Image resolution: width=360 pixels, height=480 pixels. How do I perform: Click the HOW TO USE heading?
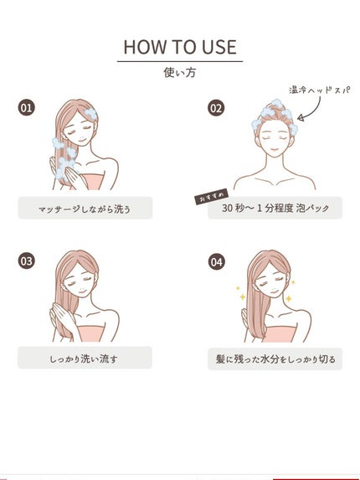[x=179, y=46]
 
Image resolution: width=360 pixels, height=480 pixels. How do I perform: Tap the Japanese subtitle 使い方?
[x=179, y=73]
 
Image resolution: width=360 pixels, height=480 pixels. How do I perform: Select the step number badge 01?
[x=27, y=108]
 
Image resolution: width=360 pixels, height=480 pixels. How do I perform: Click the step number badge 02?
[x=216, y=108]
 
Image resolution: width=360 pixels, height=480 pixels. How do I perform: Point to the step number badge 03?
[x=27, y=261]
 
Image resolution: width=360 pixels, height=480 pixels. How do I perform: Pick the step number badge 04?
[x=216, y=261]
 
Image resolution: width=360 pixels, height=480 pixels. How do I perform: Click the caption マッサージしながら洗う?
[x=85, y=209]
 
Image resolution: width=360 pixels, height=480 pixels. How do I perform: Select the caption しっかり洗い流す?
[x=85, y=359]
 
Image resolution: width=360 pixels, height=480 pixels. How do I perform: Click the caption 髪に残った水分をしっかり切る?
[x=275, y=359]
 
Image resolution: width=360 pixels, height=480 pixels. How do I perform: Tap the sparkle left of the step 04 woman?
[x=239, y=297]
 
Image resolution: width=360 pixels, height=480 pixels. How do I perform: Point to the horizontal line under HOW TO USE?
[x=179, y=60]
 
